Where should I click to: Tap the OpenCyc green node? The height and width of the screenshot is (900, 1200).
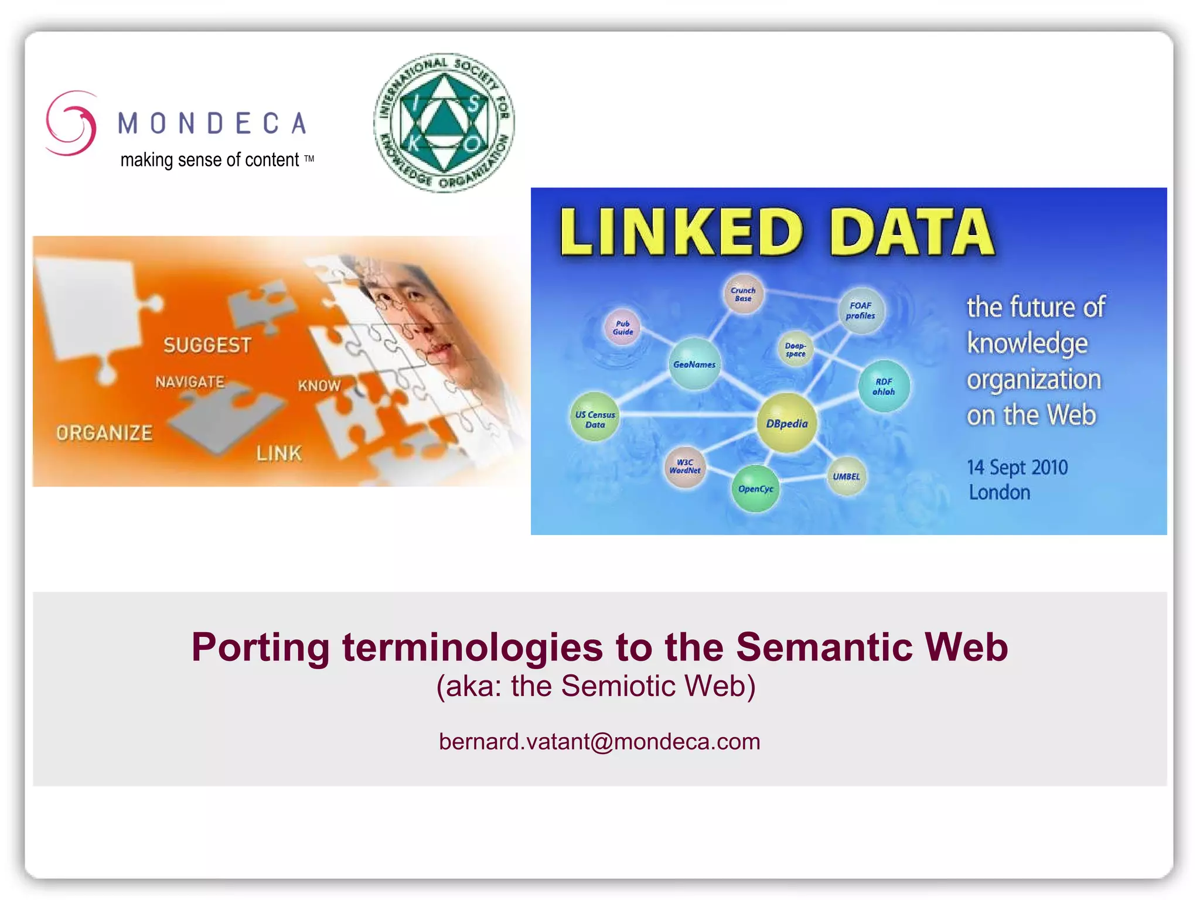755,489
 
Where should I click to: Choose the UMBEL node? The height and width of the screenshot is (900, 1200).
846,476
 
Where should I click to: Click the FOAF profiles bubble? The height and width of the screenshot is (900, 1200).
860,311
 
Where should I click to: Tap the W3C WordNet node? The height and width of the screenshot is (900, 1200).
685,466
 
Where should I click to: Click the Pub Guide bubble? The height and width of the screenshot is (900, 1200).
622,328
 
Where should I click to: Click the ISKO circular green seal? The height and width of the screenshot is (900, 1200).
444,123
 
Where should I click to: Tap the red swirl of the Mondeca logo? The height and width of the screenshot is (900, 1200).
71,123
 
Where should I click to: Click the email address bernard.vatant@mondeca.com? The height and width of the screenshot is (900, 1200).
599,742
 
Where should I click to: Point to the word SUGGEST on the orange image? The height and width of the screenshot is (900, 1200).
207,346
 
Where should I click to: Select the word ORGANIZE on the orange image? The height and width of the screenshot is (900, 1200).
104,433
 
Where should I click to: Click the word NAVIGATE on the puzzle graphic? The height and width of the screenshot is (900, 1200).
190,382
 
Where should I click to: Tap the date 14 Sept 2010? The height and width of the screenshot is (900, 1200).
1017,467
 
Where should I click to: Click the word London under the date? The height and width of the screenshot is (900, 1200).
999,492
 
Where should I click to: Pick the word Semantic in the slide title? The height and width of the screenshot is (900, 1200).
824,647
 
